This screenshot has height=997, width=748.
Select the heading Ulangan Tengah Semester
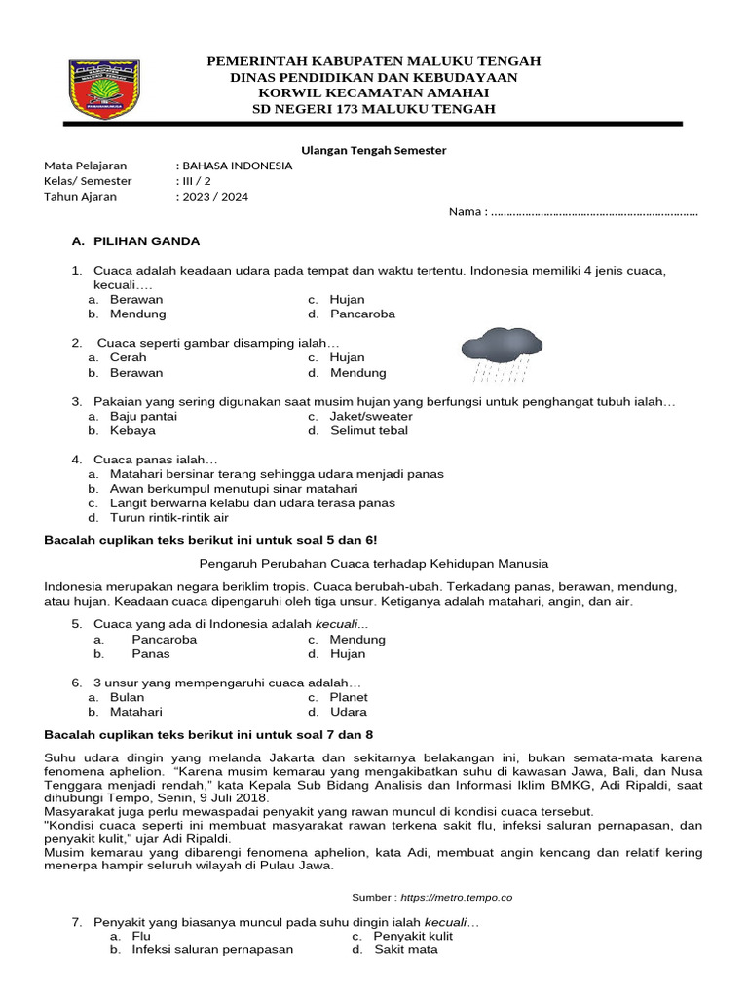point(373,150)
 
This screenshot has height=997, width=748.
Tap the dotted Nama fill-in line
point(594,212)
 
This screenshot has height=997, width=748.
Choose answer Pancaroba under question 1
point(362,314)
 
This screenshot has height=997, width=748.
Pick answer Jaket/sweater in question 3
point(371,416)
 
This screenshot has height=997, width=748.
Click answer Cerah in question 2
point(128,358)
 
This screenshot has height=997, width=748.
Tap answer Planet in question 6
point(349,697)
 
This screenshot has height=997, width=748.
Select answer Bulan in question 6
point(127,697)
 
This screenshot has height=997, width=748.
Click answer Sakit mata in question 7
point(406,950)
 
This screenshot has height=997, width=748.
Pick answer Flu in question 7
point(141,936)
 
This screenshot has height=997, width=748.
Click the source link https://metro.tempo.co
point(456,897)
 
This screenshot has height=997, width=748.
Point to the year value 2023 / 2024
point(214,197)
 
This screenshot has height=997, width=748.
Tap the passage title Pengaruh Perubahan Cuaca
point(374,564)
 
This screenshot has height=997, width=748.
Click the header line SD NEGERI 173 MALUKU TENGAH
point(374,109)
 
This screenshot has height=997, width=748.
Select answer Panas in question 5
point(151,654)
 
